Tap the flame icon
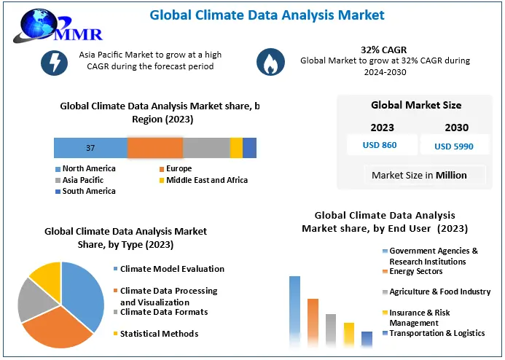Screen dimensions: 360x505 [271, 63]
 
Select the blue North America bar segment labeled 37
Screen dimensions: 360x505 [90, 148]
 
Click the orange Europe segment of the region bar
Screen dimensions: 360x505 [154, 148]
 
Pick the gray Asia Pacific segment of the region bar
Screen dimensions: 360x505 [206, 148]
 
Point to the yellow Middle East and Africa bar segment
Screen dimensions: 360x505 [236, 148]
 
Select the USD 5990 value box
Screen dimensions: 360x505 [453, 146]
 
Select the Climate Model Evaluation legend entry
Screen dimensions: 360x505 [172, 269]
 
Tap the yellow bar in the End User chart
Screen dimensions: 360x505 [349, 336]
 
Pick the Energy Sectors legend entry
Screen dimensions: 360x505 [415, 272]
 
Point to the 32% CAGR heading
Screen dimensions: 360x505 [385, 49]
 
